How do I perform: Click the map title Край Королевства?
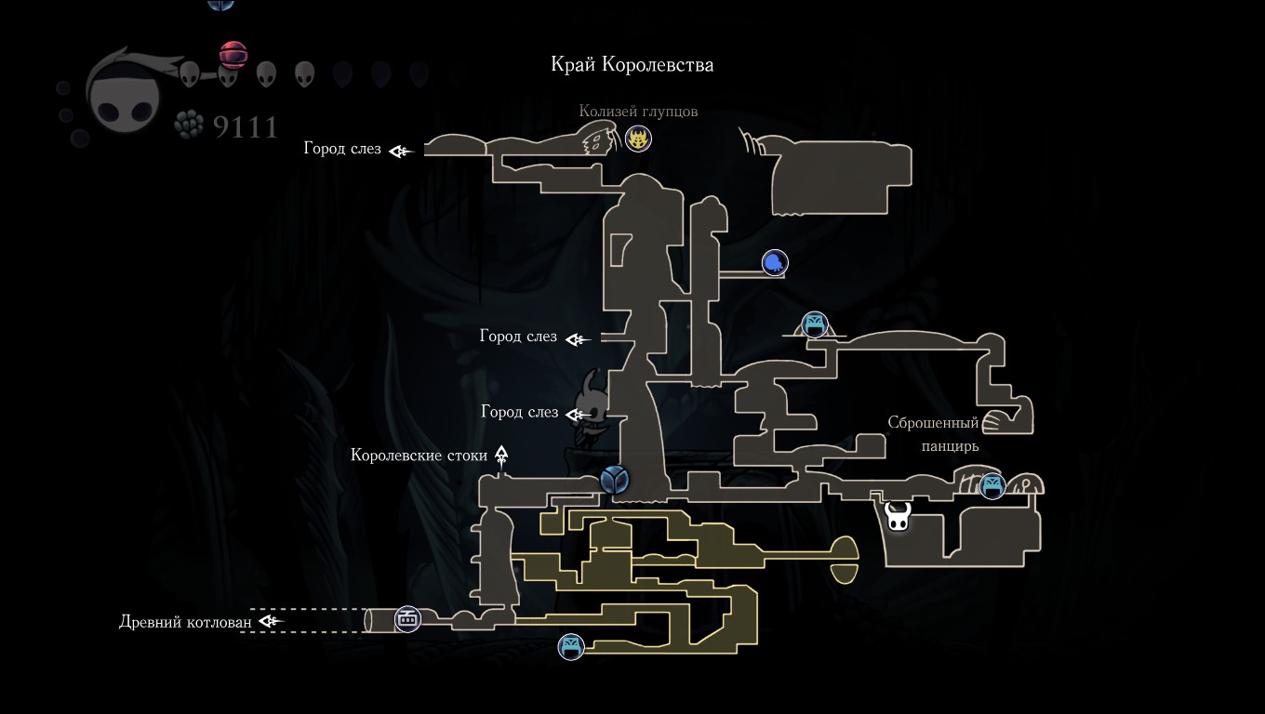coord(632,64)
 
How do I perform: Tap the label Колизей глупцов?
coord(638,112)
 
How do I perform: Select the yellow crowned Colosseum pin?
coord(638,139)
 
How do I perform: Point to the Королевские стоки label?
coord(419,455)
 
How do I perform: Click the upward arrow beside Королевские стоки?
coord(501,455)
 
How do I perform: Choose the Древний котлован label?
coord(185,621)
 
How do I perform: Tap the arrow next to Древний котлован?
coord(271,621)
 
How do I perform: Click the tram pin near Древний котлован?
coord(407,619)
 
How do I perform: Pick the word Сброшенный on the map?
coord(933,422)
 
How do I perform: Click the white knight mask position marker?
coord(898,516)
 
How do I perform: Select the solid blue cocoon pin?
coord(774,262)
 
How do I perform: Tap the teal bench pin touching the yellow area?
coord(571,647)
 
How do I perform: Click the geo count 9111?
coord(246,126)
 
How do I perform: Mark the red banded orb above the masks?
coord(233,55)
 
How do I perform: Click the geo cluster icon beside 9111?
coord(189,125)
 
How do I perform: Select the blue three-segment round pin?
coord(614,480)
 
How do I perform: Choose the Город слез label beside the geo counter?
coord(342,149)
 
